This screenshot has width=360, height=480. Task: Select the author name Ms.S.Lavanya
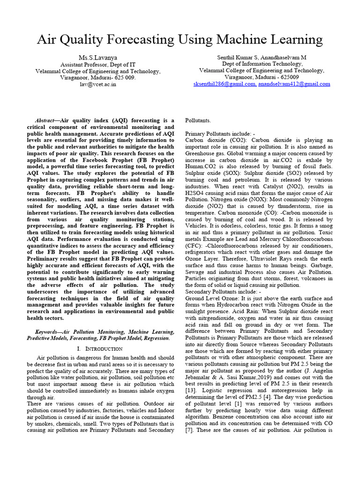tap(98, 57)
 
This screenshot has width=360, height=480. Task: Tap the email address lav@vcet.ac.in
tap(98, 84)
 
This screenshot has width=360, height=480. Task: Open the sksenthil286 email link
tap(224, 84)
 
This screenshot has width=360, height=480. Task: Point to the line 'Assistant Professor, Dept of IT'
tap(98, 64)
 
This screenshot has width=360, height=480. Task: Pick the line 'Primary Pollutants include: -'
tap(220, 134)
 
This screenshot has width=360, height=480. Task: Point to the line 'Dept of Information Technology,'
tap(262, 64)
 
